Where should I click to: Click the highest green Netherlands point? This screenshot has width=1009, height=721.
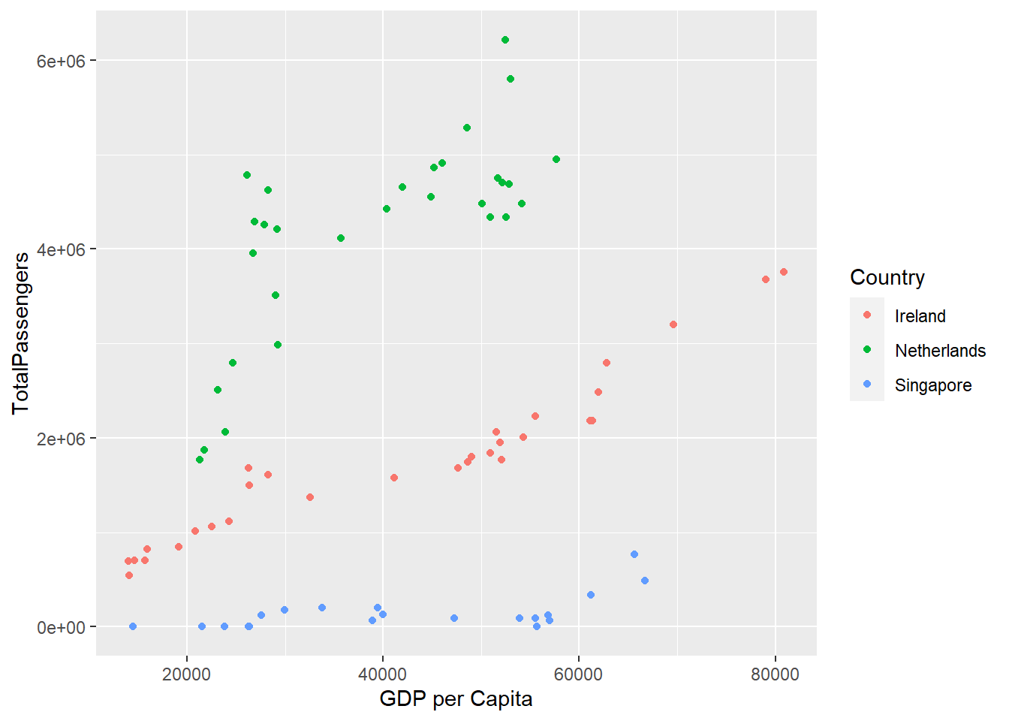(x=505, y=40)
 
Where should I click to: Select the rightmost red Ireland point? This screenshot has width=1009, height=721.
(x=784, y=272)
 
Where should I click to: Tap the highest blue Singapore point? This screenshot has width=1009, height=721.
(x=634, y=554)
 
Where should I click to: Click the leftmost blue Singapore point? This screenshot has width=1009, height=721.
(x=133, y=626)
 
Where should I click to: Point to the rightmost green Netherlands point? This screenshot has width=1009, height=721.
(x=556, y=159)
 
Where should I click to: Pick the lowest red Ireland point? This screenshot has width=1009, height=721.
(x=129, y=575)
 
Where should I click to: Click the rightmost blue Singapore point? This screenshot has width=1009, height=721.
(x=645, y=581)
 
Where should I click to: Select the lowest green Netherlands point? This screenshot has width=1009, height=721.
(x=200, y=460)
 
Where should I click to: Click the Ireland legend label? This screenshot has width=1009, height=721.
(x=920, y=316)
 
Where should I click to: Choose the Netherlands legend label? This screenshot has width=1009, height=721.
(x=940, y=351)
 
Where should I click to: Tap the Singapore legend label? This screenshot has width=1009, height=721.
(x=933, y=385)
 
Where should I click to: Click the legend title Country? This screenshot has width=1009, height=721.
(x=887, y=277)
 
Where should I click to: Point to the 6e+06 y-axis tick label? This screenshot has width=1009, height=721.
(x=62, y=60)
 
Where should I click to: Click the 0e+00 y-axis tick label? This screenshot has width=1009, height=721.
(x=62, y=627)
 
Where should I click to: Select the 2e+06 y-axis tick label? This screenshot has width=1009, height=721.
(x=62, y=439)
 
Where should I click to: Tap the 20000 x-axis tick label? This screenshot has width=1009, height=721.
(x=187, y=674)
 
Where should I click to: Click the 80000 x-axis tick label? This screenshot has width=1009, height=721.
(x=776, y=674)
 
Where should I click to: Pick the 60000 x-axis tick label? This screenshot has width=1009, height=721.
(x=579, y=674)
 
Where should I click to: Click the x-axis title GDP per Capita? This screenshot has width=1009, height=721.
(x=456, y=699)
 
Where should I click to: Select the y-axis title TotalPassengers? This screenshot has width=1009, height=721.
(x=21, y=333)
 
